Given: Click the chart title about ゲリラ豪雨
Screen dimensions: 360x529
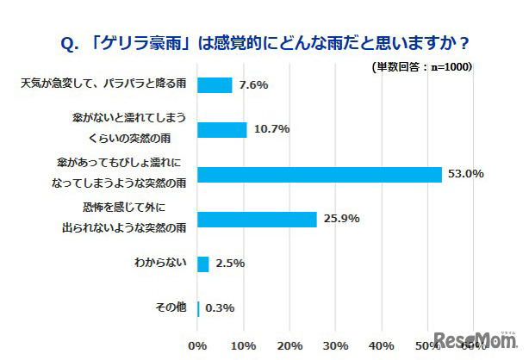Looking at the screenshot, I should click(264, 41).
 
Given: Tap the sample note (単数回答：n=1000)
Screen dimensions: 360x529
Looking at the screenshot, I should click(421, 67).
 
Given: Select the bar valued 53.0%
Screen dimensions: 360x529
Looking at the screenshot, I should click(320, 174).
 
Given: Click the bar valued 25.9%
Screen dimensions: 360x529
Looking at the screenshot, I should click(258, 219).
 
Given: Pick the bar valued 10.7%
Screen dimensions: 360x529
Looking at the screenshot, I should click(222, 129).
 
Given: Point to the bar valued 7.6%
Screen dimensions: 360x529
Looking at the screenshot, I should click(215, 84).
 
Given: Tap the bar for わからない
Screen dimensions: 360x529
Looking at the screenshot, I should click(203, 264).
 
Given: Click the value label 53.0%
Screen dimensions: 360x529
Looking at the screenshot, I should click(465, 174).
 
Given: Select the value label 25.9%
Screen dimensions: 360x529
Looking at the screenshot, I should click(340, 219).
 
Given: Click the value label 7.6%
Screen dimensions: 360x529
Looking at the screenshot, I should click(253, 84).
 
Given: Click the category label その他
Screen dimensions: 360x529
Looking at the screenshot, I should click(171, 308).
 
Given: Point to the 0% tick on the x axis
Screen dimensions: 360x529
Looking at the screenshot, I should click(198, 345).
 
